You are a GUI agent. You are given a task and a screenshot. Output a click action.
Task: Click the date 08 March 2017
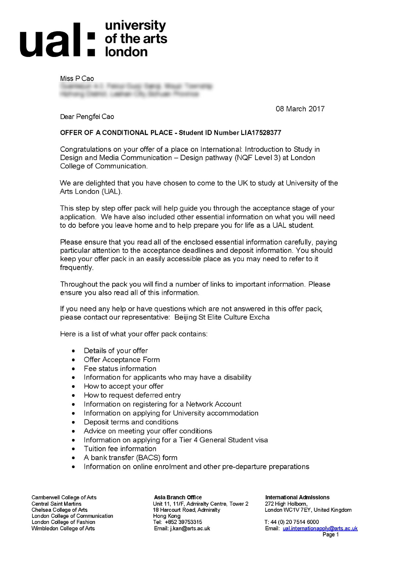point(300,109)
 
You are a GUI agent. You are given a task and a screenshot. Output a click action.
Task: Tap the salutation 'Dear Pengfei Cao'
point(87,117)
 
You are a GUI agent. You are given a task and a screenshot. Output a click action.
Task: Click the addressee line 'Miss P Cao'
point(77,78)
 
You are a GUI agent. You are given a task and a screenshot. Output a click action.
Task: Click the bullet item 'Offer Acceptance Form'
point(122,360)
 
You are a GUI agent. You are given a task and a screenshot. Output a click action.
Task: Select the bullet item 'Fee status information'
point(120,369)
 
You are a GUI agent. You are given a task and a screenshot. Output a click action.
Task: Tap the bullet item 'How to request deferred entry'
point(132,395)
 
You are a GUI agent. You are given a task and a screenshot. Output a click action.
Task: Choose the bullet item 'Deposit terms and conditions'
point(131,422)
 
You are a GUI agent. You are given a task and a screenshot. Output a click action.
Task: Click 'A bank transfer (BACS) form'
point(130,458)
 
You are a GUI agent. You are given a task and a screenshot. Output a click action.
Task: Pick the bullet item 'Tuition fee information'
point(120,449)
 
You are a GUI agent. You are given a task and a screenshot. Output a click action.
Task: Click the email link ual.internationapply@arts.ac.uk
point(320,529)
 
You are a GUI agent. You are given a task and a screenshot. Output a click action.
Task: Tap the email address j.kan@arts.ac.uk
point(190,529)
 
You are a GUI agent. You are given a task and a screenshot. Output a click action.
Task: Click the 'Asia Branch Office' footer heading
point(178,498)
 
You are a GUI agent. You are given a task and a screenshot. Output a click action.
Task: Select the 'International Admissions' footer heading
point(297,498)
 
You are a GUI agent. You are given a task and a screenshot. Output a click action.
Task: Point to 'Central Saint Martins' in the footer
point(56,504)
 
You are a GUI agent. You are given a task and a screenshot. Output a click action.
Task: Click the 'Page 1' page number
point(331,535)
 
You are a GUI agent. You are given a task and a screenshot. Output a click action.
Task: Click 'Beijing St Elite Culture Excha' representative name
point(222,317)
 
